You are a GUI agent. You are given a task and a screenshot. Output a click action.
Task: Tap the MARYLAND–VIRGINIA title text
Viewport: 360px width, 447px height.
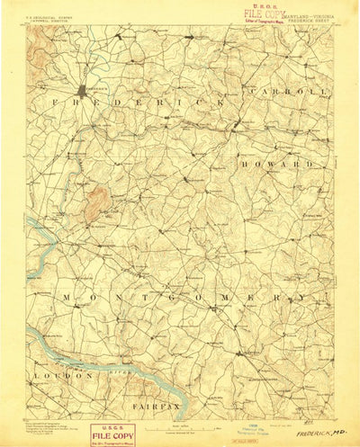coord(310,15)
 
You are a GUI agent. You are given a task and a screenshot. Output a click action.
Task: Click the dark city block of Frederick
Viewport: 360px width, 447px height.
coord(84,90)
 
